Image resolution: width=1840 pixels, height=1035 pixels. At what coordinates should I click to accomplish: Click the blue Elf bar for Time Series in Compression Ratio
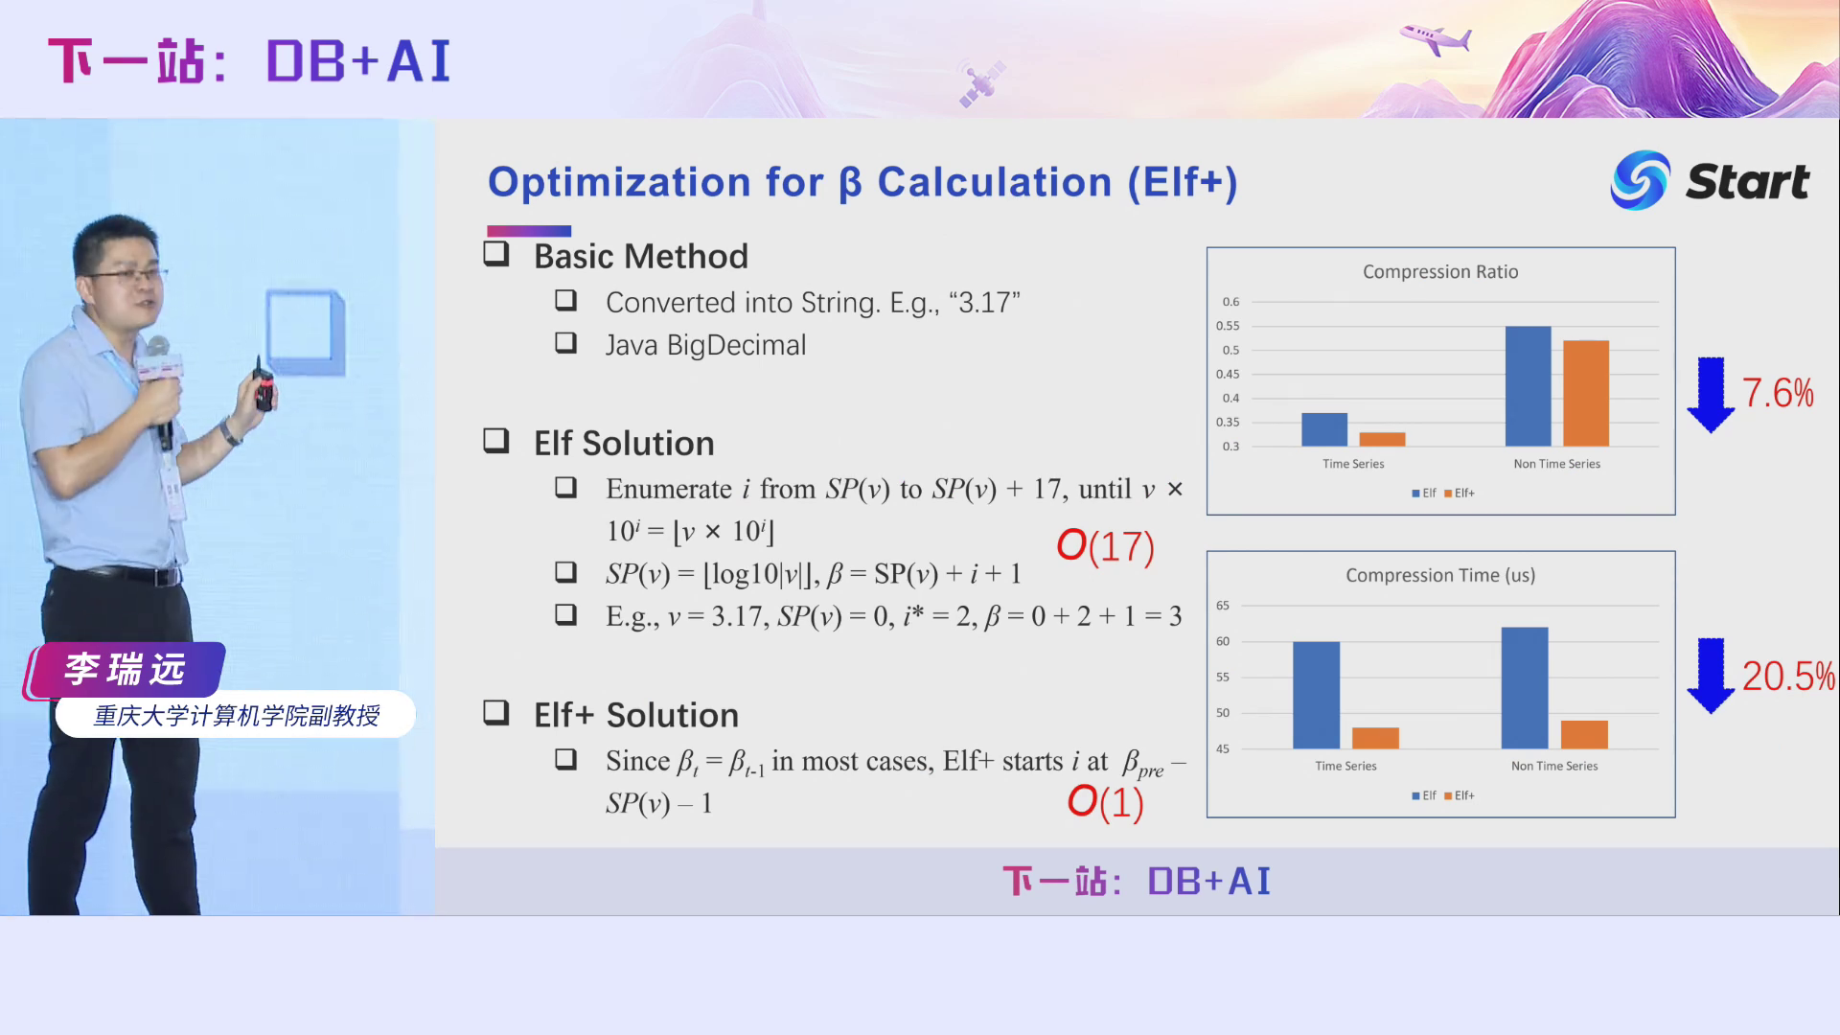1324,429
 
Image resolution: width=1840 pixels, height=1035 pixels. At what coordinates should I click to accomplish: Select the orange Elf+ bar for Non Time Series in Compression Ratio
1586,393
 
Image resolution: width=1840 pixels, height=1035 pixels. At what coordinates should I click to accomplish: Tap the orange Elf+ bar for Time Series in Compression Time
1375,738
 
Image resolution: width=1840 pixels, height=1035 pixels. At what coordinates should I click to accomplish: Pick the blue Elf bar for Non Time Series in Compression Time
1525,688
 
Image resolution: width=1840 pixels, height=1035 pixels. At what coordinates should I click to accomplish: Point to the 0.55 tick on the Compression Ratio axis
1228,326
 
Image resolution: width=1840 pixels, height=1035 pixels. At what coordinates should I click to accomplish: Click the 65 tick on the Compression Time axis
1223,606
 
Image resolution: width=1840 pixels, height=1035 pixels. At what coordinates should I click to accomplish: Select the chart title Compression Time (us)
1440,575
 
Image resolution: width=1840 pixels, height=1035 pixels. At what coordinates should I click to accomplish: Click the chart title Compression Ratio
1440,272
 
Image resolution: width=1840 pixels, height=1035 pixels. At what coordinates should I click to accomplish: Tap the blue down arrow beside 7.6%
1711,395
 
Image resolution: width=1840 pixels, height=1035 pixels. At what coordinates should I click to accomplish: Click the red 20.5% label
1788,677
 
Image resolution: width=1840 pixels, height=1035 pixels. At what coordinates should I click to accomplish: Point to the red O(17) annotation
1105,546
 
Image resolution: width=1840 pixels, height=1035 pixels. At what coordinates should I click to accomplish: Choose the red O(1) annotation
1106,802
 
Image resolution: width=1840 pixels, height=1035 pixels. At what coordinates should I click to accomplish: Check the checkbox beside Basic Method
496,254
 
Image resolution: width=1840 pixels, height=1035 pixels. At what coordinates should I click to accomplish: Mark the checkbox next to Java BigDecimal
565,342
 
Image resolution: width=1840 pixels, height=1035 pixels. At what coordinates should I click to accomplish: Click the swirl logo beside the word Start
1640,180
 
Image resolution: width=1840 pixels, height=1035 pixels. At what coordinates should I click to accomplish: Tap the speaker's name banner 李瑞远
125,669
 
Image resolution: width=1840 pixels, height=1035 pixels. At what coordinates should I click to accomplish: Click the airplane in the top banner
1435,39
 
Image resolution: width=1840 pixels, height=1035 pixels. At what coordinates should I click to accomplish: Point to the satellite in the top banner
981,82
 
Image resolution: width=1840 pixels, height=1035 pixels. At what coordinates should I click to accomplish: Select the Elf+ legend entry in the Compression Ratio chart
1460,494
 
